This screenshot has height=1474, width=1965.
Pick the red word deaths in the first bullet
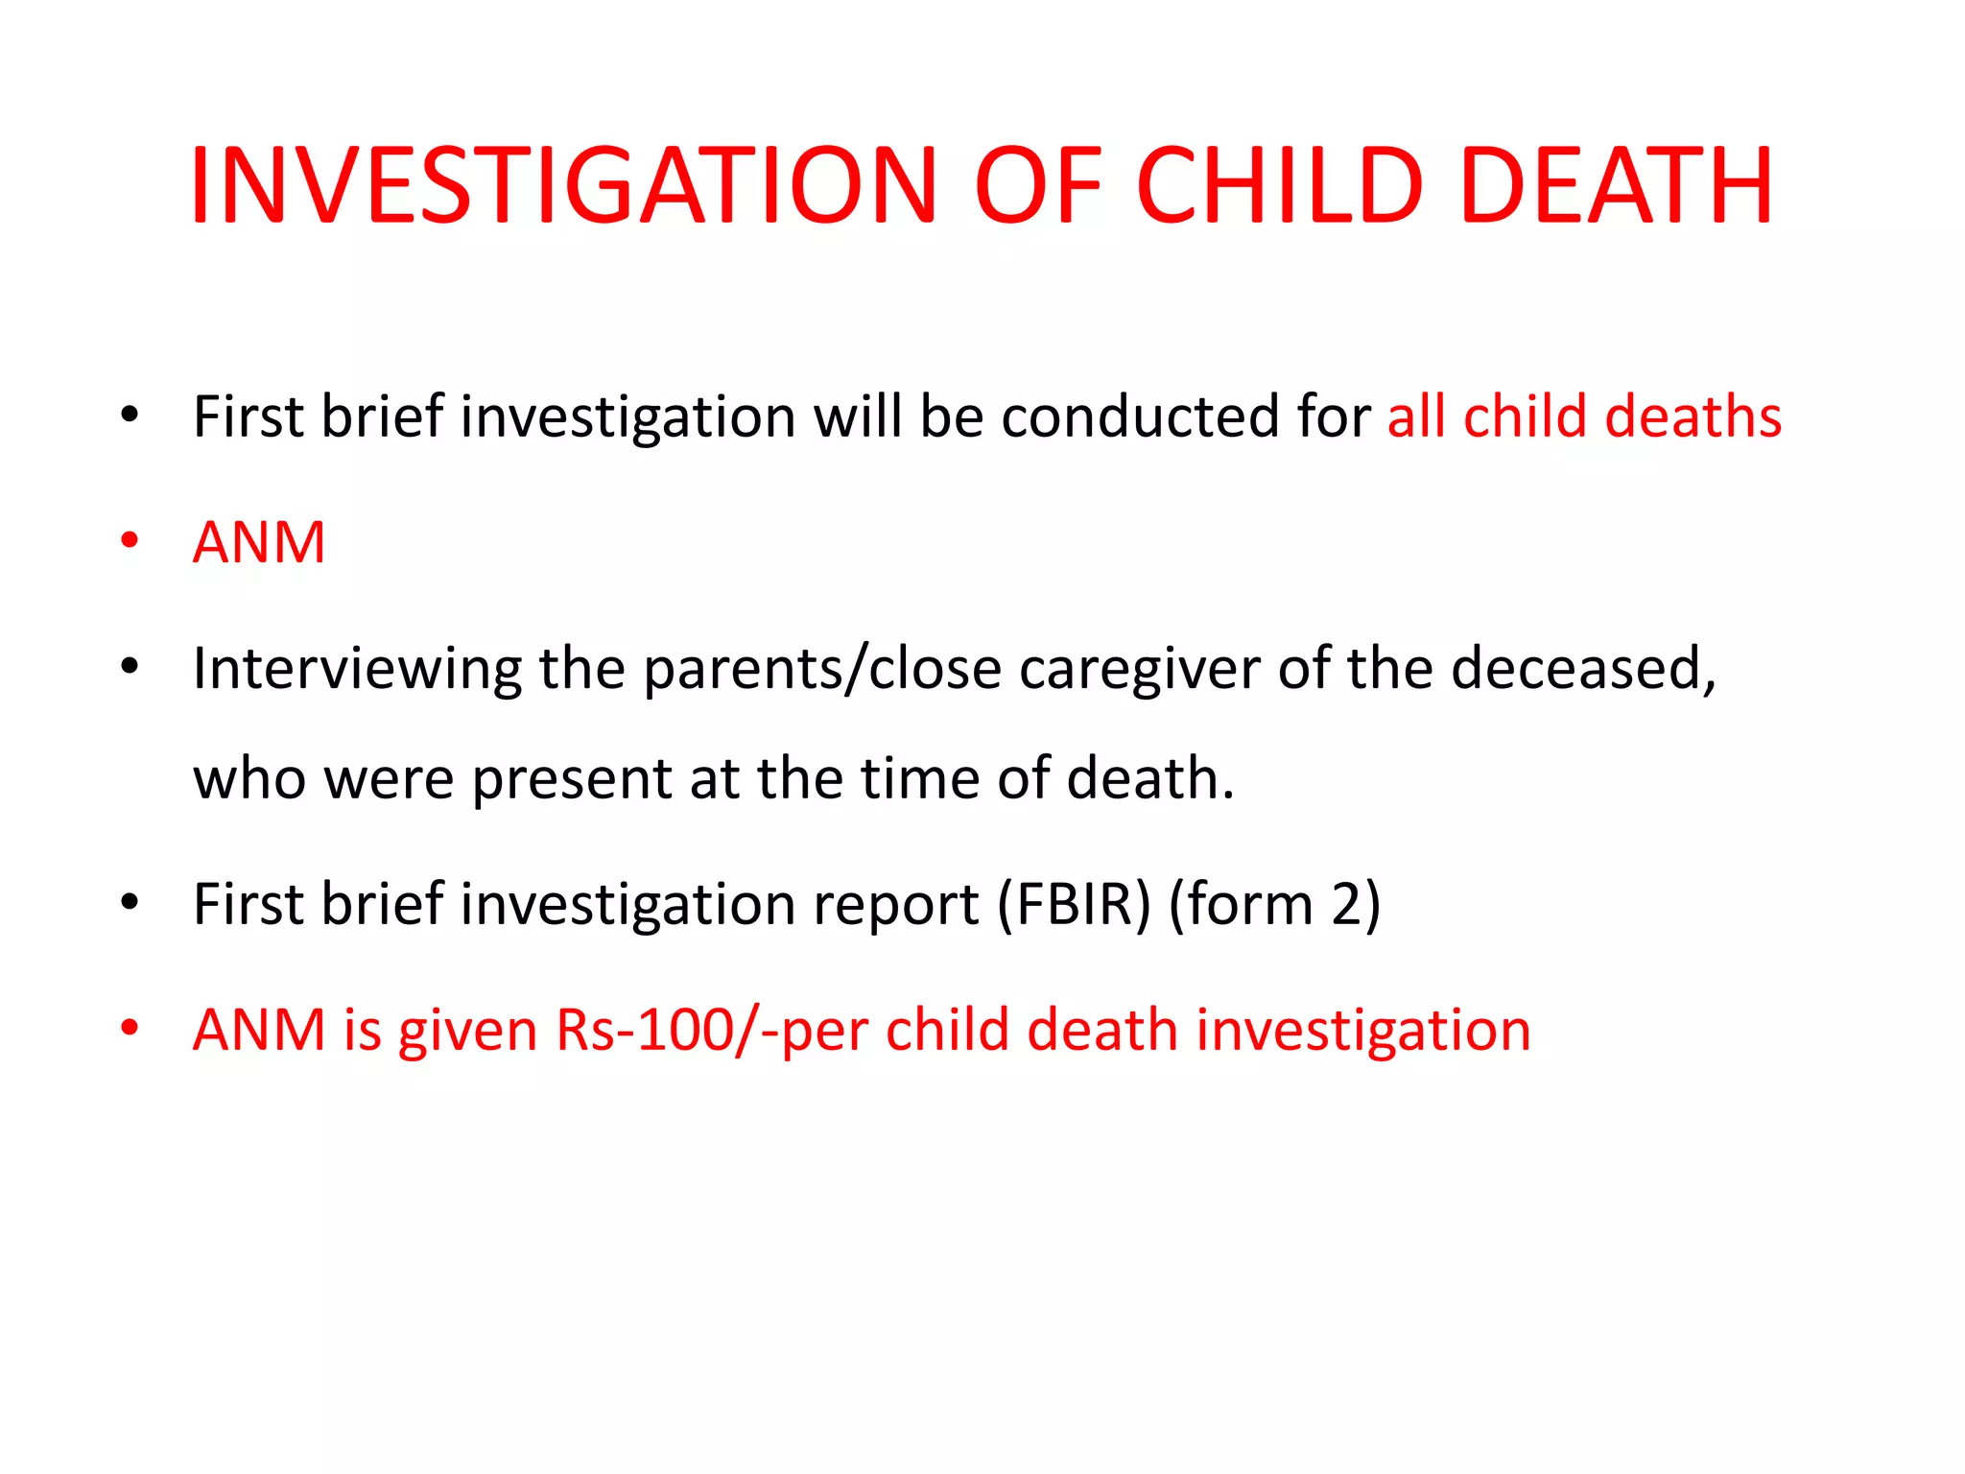click(1693, 417)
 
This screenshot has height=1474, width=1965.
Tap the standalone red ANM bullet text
click(259, 543)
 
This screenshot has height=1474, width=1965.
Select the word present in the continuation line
click(572, 778)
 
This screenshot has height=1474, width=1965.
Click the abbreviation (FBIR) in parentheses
click(1074, 904)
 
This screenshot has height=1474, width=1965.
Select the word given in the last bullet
click(467, 1033)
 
